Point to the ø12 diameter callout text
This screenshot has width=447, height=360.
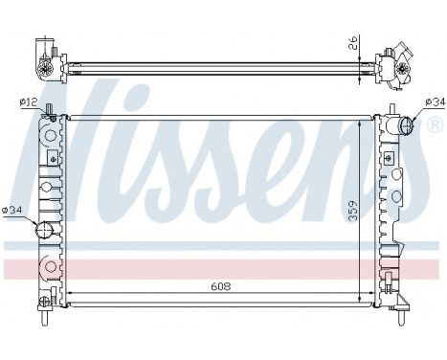coord(28,101)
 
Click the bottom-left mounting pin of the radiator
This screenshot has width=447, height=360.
coord(44,308)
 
